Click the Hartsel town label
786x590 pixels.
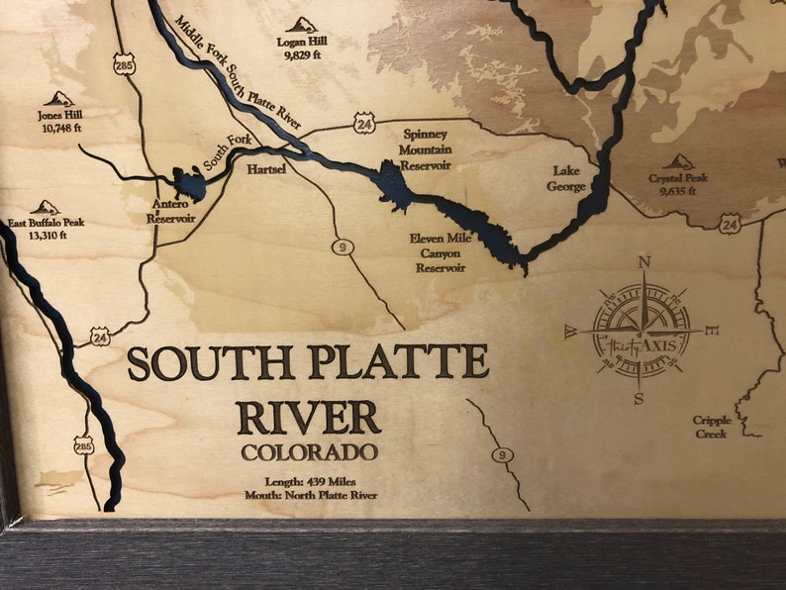pyautogui.click(x=266, y=169)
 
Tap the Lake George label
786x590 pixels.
pyautogui.click(x=567, y=179)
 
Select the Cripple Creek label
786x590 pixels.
pyautogui.click(x=711, y=427)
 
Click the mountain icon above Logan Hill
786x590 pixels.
pyautogui.click(x=302, y=25)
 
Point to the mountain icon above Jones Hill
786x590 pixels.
pyautogui.click(x=59, y=99)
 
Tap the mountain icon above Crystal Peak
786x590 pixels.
pyautogui.click(x=678, y=161)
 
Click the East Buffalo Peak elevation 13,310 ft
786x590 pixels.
pyautogui.click(x=47, y=236)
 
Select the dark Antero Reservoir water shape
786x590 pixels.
pyautogui.click(x=188, y=182)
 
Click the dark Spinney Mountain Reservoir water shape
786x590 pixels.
pyautogui.click(x=394, y=186)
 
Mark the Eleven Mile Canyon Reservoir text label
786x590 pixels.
pyautogui.click(x=438, y=253)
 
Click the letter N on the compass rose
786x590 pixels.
pyautogui.click(x=644, y=262)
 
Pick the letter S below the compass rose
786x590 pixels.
pyautogui.click(x=639, y=399)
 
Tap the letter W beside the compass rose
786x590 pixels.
pyautogui.click(x=571, y=334)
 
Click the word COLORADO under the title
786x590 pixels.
pyautogui.click(x=309, y=452)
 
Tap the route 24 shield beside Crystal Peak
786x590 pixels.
pyautogui.click(x=730, y=225)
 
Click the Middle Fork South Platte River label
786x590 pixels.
pyautogui.click(x=239, y=71)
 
